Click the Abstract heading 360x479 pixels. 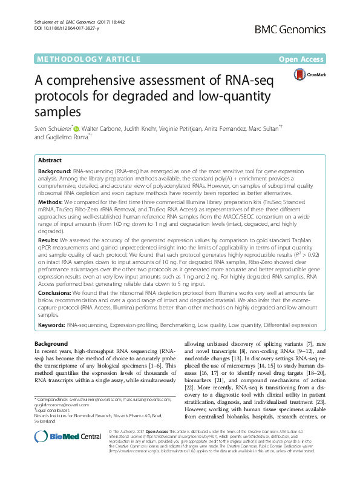(50, 160)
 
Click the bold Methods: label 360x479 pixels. (50, 200)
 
